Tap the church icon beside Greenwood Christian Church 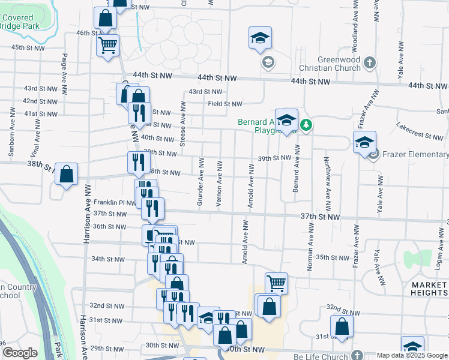(x=370, y=62)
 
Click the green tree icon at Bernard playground (x=307, y=125)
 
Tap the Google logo (x=20, y=352)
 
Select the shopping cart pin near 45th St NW (x=107, y=44)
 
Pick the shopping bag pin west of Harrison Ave (x=67, y=175)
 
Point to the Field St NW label (x=224, y=104)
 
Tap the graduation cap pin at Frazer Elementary (x=364, y=143)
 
